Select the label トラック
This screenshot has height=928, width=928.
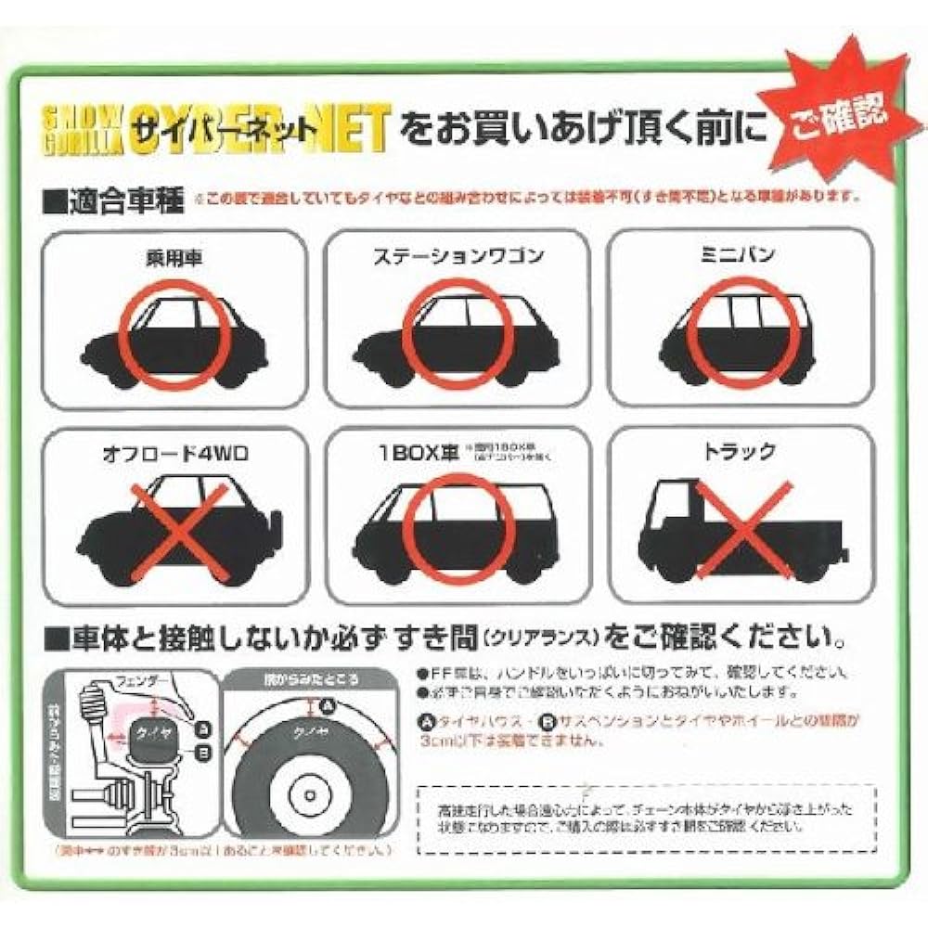(739, 454)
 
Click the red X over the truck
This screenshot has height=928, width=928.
(742, 529)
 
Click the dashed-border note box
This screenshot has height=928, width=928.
(647, 818)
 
